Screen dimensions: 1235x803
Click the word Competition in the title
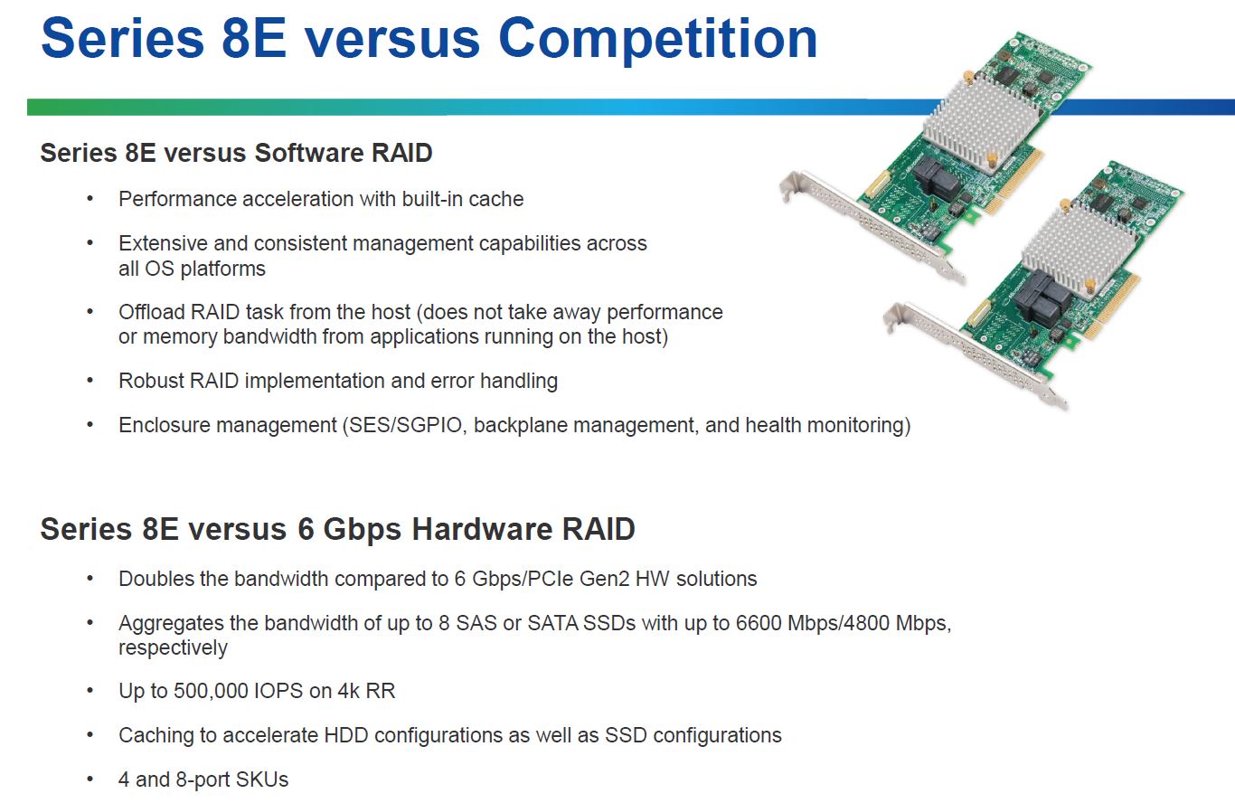pyautogui.click(x=658, y=40)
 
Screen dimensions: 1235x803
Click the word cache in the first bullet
pyautogui.click(x=495, y=199)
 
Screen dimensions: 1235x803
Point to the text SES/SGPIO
pyautogui.click(x=405, y=425)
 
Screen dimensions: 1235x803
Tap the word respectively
pyautogui.click(x=173, y=648)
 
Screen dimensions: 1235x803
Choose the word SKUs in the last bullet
pyautogui.click(x=262, y=779)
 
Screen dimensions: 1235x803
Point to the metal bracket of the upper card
pyautogui.click(x=872, y=226)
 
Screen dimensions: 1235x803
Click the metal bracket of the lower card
pyautogui.click(x=975, y=355)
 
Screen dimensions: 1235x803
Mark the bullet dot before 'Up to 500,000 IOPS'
pyautogui.click(x=90, y=692)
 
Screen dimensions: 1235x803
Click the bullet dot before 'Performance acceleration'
pyautogui.click(x=90, y=199)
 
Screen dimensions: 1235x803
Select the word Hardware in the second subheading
pyautogui.click(x=482, y=529)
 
